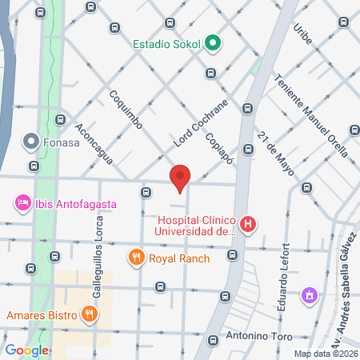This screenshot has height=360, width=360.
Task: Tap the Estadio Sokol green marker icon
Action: point(213,44)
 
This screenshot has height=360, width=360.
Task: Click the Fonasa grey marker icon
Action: point(31,142)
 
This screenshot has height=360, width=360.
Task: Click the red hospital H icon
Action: point(249,225)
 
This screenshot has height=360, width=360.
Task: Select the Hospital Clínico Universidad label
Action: point(197,225)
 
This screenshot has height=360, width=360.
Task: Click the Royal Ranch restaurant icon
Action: point(136,258)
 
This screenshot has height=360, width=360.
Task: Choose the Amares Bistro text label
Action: point(44,314)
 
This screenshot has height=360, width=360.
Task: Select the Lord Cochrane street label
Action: point(200,124)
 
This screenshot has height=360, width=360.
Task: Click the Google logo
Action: point(26,350)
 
